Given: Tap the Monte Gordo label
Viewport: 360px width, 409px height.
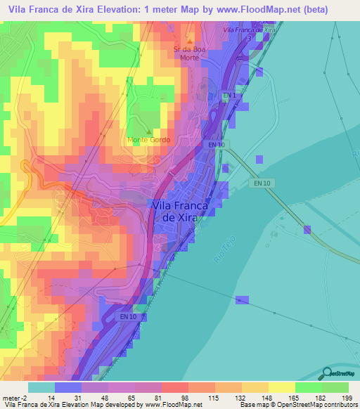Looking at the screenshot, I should pos(148,141).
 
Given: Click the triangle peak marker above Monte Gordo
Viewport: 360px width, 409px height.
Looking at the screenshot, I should pos(148,131).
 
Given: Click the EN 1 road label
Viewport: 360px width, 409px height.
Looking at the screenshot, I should pos(229,95).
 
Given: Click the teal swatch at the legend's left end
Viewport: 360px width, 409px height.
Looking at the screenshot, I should pos(41,387).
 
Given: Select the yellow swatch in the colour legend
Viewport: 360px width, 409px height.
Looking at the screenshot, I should pos(281,387).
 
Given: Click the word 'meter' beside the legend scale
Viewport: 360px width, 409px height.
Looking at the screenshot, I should pos(11,397).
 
